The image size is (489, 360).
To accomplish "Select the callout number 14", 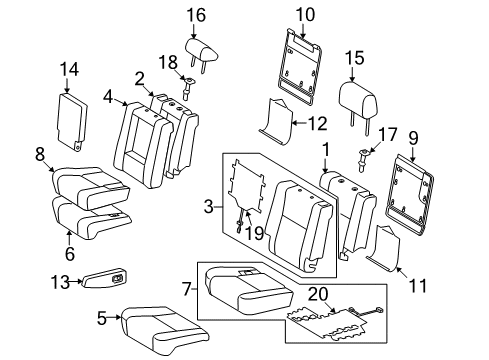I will click(67, 68).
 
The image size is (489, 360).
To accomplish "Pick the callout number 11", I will click(419, 286).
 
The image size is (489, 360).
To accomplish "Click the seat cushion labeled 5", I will click(163, 322).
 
